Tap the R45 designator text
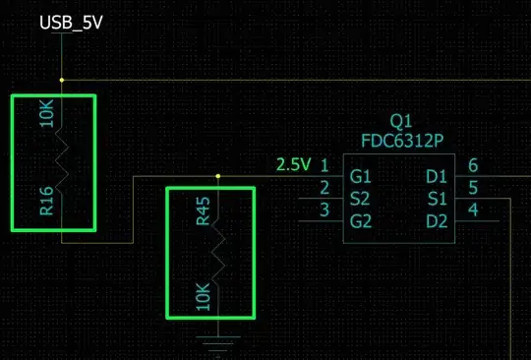click(x=204, y=211)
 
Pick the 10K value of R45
click(x=204, y=295)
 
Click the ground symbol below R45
click(x=218, y=343)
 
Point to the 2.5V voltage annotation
click(x=293, y=164)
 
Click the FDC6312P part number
click(x=402, y=140)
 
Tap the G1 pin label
click(x=361, y=177)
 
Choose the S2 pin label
click(x=361, y=193)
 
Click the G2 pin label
click(x=361, y=210)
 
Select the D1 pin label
click(x=436, y=177)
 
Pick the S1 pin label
click(x=436, y=193)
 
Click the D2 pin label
click(x=436, y=210)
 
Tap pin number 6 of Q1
click(x=473, y=165)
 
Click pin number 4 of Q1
click(x=473, y=209)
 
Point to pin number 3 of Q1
click(x=324, y=209)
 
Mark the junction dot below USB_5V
click(x=61, y=80)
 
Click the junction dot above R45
click(x=218, y=177)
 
